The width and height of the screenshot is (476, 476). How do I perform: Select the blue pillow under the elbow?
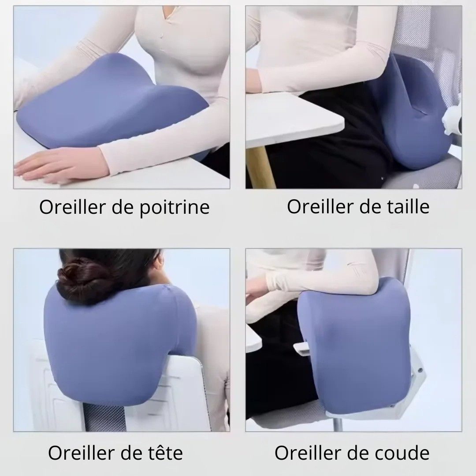(x=353, y=344)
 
